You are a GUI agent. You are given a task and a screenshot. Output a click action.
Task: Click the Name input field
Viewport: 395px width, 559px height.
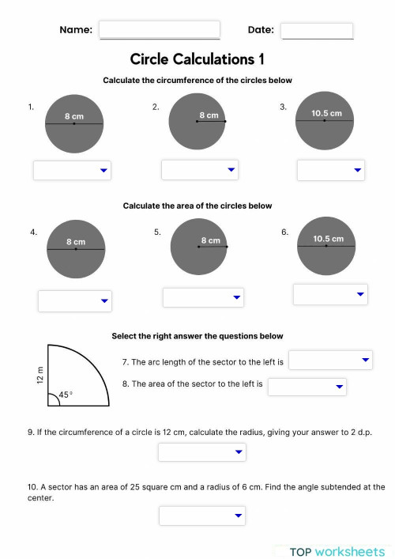tap(159, 30)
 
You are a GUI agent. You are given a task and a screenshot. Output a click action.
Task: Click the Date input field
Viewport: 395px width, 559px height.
tap(316, 30)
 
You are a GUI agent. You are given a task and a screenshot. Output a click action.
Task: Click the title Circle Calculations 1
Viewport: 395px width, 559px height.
tap(197, 59)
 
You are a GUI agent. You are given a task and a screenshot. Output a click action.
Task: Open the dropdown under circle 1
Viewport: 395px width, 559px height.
tap(72, 170)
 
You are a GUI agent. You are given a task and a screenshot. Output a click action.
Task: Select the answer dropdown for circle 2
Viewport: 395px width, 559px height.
tap(200, 169)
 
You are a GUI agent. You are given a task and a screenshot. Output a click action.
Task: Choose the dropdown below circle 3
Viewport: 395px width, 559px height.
tap(330, 170)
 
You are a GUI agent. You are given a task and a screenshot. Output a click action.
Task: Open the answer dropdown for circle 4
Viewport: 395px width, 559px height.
tap(75, 300)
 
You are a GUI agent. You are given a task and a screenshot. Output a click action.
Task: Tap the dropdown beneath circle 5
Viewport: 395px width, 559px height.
tap(203, 297)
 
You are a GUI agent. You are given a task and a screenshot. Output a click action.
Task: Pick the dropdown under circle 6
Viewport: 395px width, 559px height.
tap(330, 294)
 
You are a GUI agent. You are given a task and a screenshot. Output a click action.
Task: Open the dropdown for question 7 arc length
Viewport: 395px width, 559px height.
tap(330, 361)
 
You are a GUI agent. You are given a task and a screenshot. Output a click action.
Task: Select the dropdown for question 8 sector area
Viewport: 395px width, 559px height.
tap(307, 386)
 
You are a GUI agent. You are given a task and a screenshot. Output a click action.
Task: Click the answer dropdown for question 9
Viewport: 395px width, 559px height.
tap(202, 452)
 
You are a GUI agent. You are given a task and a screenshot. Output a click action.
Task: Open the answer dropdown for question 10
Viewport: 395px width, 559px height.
tap(202, 516)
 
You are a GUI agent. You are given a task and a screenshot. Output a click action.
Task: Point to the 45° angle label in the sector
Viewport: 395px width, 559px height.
tap(65, 394)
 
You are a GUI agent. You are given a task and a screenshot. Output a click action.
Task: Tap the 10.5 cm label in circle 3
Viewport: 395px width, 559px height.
tap(326, 113)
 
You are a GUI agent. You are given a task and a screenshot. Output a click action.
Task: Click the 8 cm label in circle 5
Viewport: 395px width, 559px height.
tap(210, 240)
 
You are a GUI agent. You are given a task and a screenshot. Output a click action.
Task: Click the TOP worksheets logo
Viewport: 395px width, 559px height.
tap(337, 551)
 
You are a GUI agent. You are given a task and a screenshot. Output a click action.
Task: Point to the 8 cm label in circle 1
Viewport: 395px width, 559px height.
tap(74, 116)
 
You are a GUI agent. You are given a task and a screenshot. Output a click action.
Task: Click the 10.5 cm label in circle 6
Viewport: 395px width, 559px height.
tap(329, 239)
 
